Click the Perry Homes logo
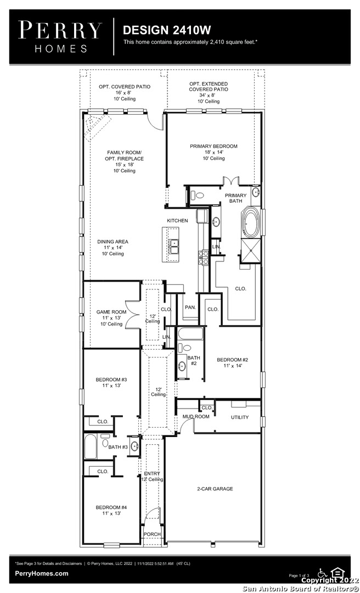click(x=60, y=36)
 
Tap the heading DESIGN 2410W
click(x=167, y=30)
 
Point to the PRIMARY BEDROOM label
click(x=213, y=147)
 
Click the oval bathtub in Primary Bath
click(x=251, y=222)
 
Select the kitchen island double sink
click(x=174, y=246)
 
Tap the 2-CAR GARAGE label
click(x=215, y=489)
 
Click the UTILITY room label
click(x=240, y=417)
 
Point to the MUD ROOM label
click(x=196, y=416)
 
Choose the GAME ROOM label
click(x=111, y=312)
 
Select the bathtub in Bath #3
click(x=91, y=446)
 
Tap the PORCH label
click(x=152, y=534)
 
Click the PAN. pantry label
click(x=190, y=307)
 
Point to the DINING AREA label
click(x=113, y=242)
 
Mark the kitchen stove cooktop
click(x=204, y=257)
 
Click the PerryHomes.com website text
click(x=42, y=573)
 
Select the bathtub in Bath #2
click(x=190, y=334)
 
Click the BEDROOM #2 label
click(x=232, y=360)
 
